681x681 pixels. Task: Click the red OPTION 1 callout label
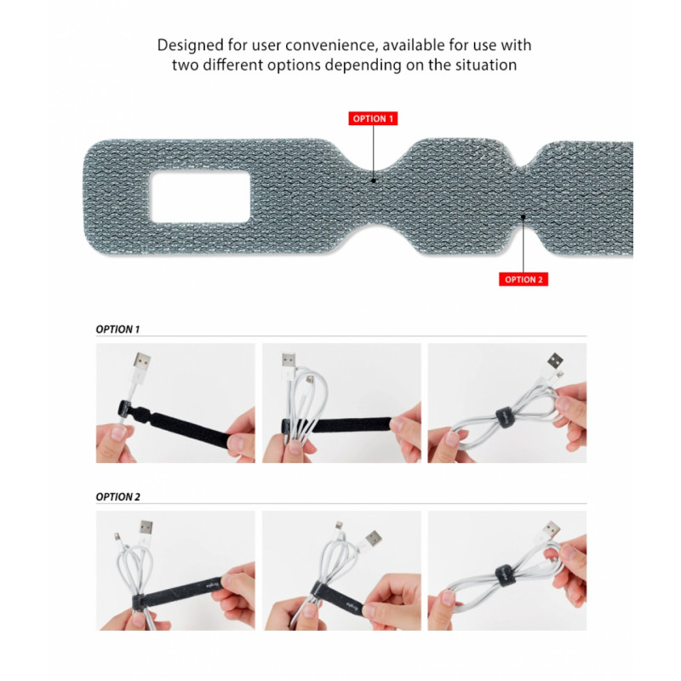pos(373,119)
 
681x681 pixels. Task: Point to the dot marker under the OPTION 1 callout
pos(373,180)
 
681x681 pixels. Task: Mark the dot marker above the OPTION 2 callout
pos(524,217)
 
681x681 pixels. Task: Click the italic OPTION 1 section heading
pos(118,329)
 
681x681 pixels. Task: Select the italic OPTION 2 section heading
pos(118,496)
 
